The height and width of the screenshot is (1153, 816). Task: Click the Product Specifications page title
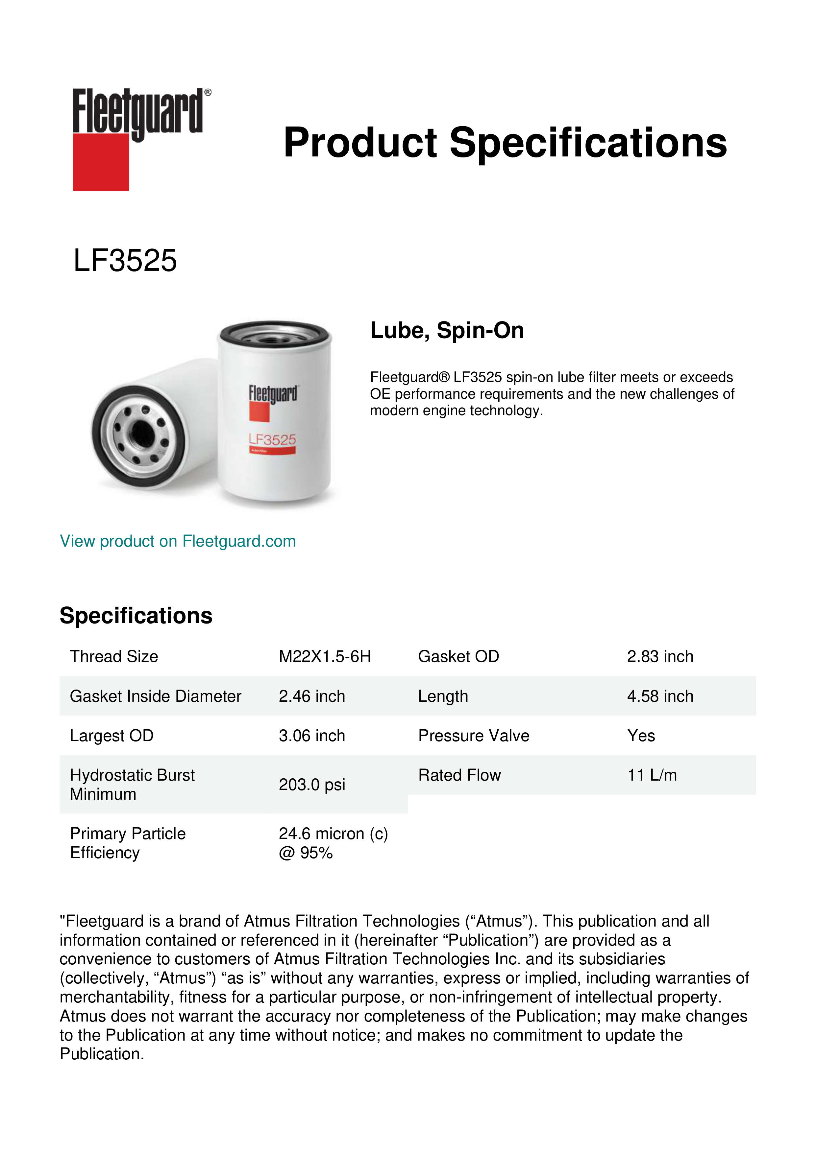tap(505, 143)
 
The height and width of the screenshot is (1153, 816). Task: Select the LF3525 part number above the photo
tap(125, 261)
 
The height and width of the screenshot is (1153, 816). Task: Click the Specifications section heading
tap(136, 616)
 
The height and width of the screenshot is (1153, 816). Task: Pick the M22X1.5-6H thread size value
tap(325, 656)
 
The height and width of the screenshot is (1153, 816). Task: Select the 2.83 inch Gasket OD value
tap(660, 656)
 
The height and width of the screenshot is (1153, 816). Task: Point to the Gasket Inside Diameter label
tap(155, 696)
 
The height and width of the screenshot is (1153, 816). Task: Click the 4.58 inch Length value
tap(660, 696)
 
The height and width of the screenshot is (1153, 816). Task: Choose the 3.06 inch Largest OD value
tap(311, 736)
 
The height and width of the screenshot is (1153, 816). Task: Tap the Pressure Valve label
tap(473, 736)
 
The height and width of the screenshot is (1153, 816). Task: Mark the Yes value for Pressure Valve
tap(641, 736)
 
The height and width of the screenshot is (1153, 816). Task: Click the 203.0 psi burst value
tap(311, 785)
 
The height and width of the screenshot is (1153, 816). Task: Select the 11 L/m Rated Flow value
tap(652, 775)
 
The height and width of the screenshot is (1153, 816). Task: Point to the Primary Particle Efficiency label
tap(128, 843)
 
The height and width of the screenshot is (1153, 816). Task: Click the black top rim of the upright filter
tap(274, 325)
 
